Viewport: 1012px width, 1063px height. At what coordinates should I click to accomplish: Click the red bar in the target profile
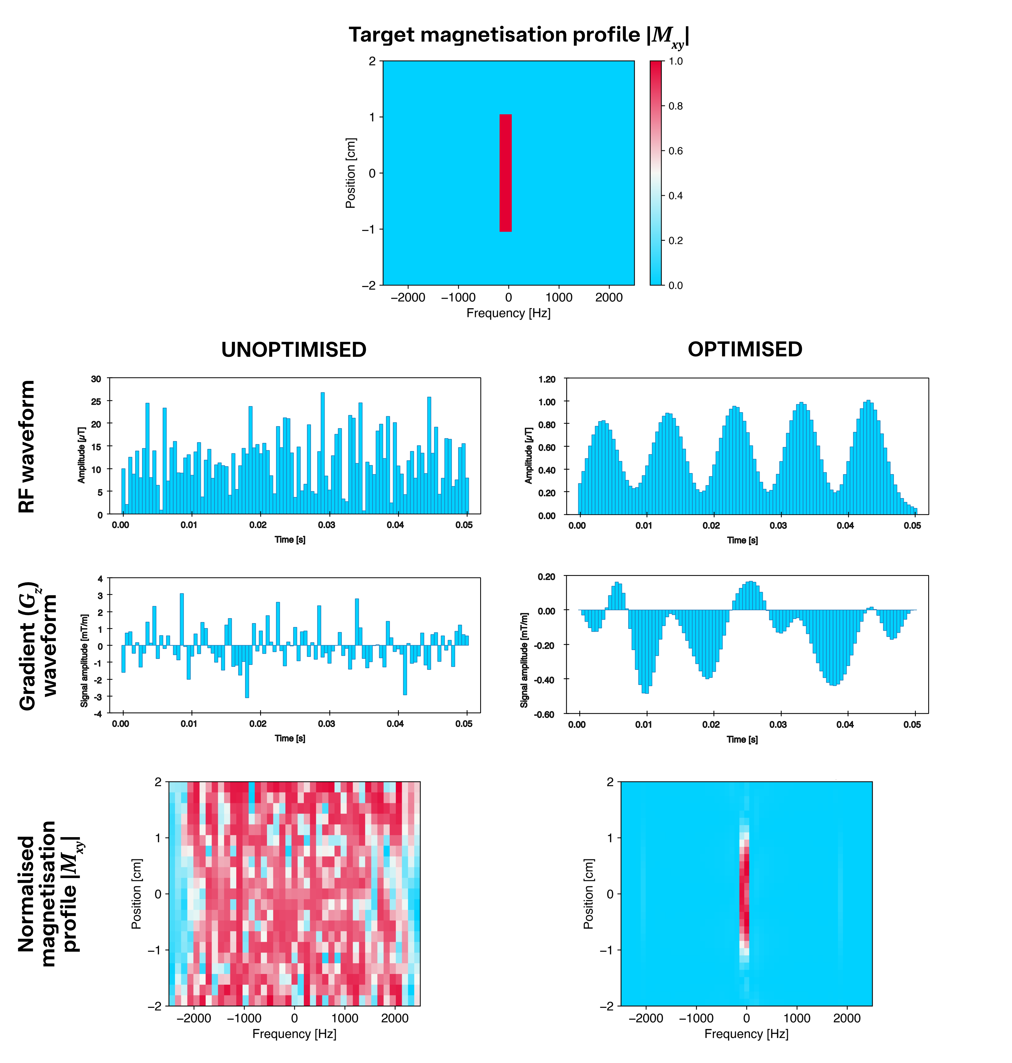[505, 173]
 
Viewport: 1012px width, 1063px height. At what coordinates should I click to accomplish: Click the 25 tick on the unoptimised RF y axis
[96, 401]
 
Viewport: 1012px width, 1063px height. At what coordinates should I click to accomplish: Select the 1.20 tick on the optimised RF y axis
[546, 379]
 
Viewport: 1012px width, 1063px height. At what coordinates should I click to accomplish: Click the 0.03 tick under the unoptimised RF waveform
[326, 525]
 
